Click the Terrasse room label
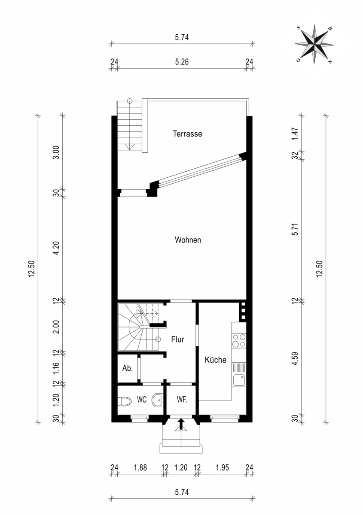[187, 134]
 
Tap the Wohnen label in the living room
[188, 240]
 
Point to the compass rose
[314, 44]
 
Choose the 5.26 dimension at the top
[182, 62]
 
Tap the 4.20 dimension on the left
[56, 248]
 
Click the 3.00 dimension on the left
[56, 152]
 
